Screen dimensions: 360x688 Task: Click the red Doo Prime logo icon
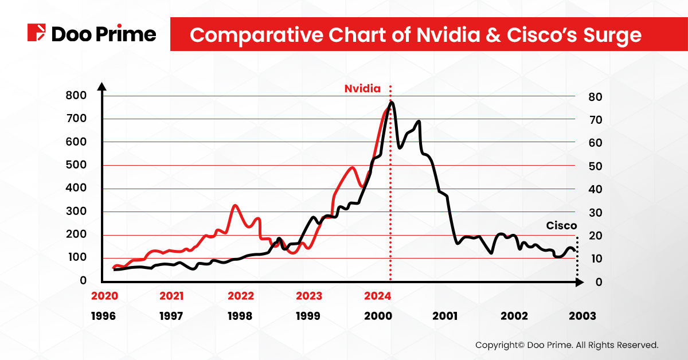tap(37, 33)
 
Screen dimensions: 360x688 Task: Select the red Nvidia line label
tap(362, 89)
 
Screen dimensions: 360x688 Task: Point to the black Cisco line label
tap(561, 225)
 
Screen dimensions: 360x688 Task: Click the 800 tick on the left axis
tap(76, 96)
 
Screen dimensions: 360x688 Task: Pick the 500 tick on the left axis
tap(76, 165)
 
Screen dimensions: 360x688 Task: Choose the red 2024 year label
tap(377, 296)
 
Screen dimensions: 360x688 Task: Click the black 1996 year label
tap(103, 316)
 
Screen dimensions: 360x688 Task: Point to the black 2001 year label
tap(445, 316)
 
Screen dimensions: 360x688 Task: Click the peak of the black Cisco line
tap(392, 103)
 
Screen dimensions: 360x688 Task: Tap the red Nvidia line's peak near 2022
tap(235, 205)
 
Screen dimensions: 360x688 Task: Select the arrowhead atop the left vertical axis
tap(101, 87)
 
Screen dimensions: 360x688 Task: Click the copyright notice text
tap(566, 345)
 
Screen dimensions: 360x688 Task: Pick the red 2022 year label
tap(240, 296)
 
